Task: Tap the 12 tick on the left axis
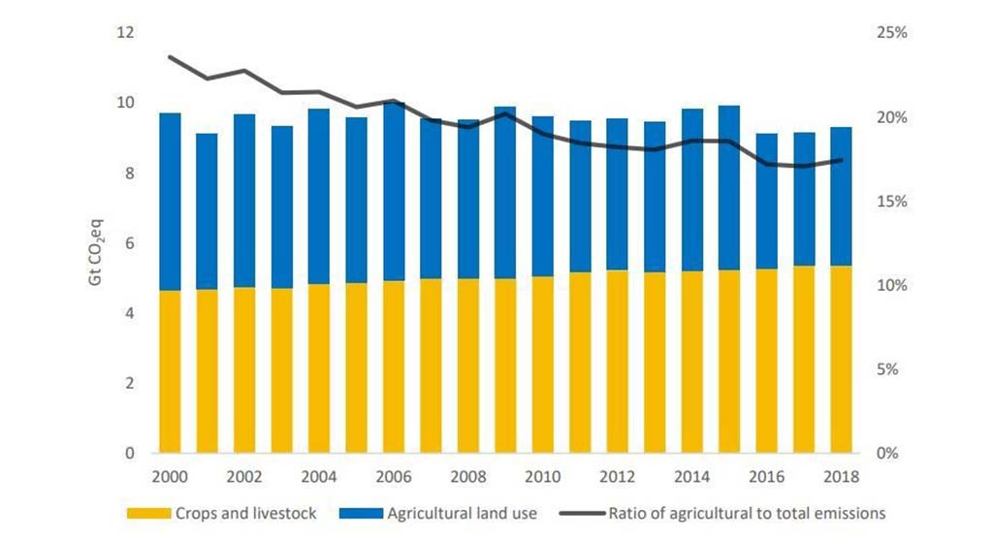tap(124, 33)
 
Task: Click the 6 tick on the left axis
tap(128, 243)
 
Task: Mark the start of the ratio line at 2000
tap(171, 57)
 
